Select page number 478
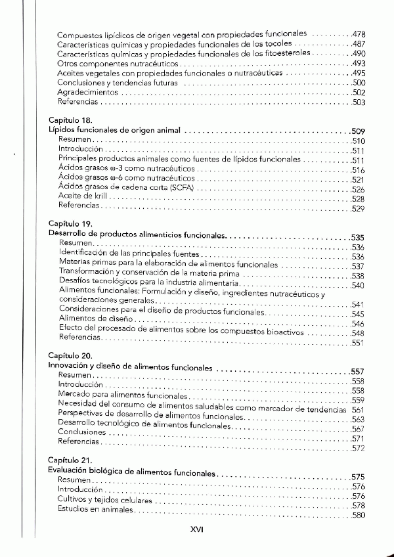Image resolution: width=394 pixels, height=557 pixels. pyautogui.click(x=359, y=33)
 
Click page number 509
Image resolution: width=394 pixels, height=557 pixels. pyautogui.click(x=359, y=131)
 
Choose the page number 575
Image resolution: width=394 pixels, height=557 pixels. pyautogui.click(x=359, y=476)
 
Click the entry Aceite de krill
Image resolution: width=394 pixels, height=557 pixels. pyautogui.click(x=82, y=197)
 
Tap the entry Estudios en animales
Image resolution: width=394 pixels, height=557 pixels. pyautogui.click(x=96, y=508)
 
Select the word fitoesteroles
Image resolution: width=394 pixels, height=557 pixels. pyautogui.click(x=290, y=53)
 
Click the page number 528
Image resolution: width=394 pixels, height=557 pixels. pyautogui.click(x=359, y=199)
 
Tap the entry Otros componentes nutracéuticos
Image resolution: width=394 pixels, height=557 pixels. pyautogui.click(x=118, y=63)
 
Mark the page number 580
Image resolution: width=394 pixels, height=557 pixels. pyautogui.click(x=359, y=516)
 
